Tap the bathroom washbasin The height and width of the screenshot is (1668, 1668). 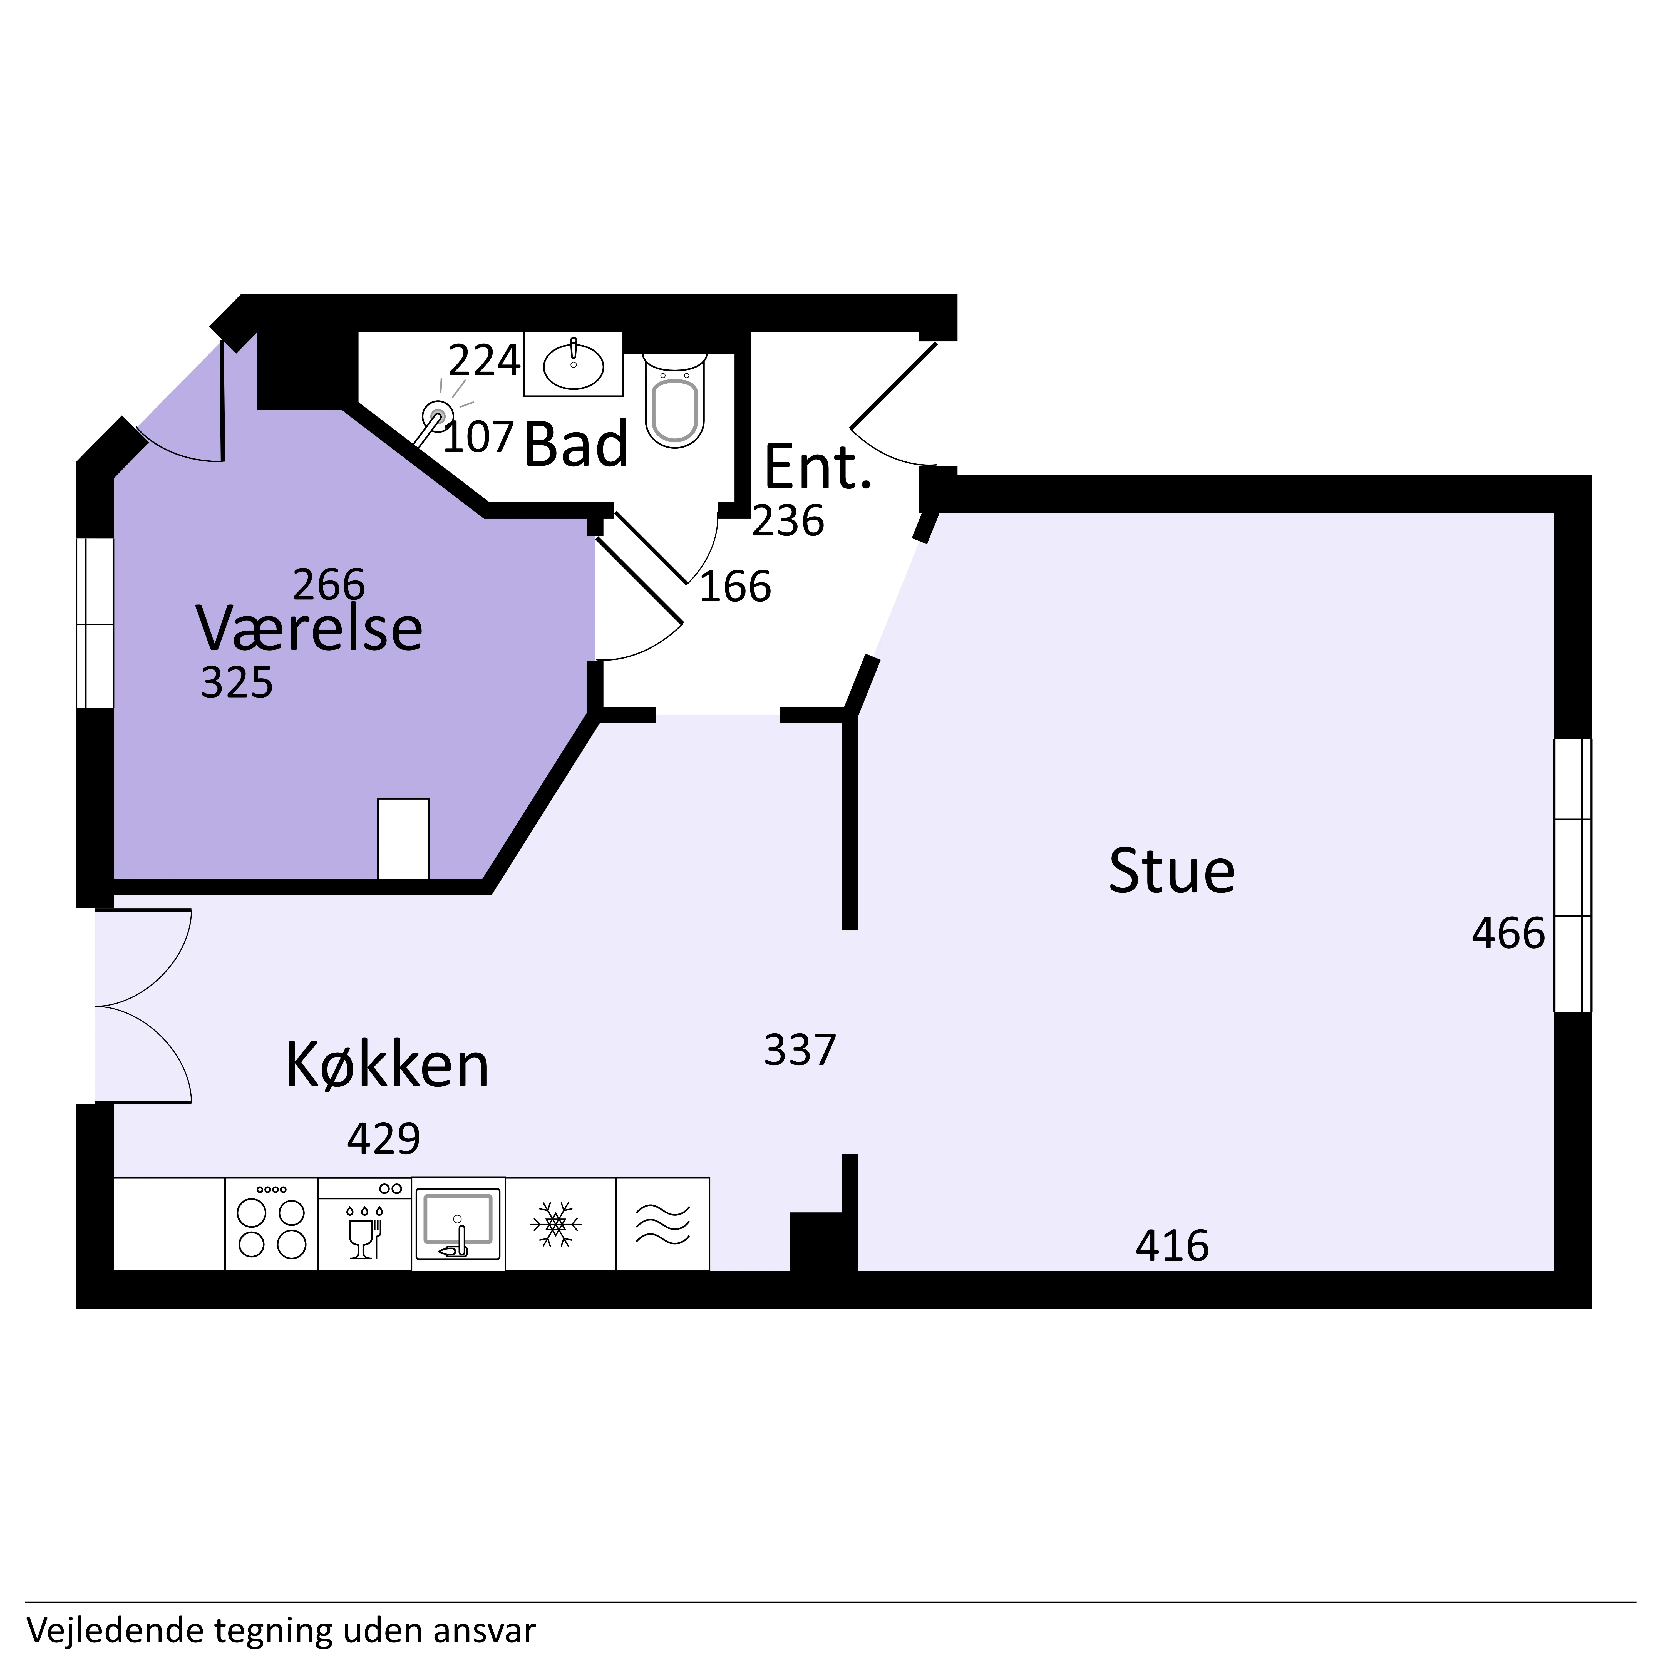[x=573, y=363]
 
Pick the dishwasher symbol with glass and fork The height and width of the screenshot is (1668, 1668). [x=364, y=1224]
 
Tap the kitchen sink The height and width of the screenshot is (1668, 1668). [x=458, y=1224]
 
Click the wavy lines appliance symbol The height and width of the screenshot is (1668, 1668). [x=662, y=1224]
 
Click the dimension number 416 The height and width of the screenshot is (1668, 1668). [x=1172, y=1246]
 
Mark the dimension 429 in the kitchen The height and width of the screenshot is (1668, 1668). [x=383, y=1139]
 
